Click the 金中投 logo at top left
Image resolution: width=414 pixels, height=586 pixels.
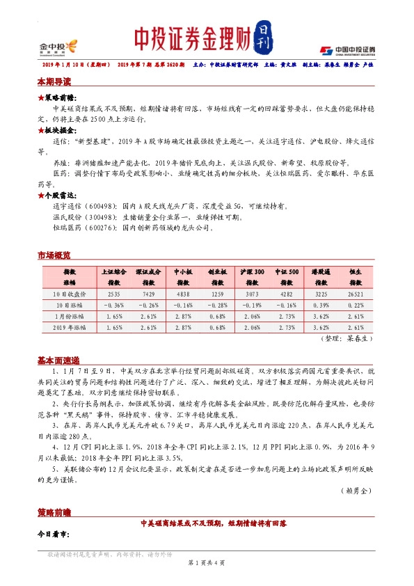point(58,47)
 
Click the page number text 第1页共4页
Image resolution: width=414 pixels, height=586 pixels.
point(207,562)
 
